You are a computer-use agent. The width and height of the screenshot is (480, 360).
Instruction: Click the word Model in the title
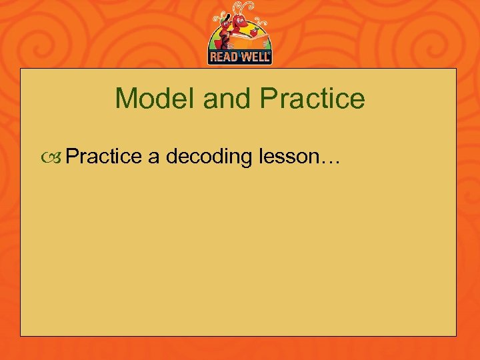pyautogui.click(x=155, y=99)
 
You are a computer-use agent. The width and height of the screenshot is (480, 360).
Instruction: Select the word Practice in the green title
pyautogui.click(x=313, y=99)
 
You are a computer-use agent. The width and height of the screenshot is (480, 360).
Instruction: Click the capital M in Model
pyautogui.click(x=125, y=99)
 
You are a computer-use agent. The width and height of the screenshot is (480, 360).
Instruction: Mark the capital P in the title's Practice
pyautogui.click(x=268, y=99)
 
